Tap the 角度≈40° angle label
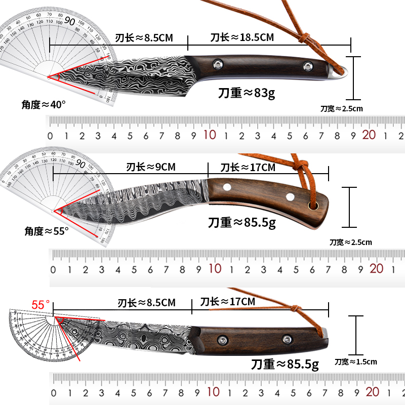44,104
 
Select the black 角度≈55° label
47,231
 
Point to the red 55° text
41,305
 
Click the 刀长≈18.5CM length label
242,37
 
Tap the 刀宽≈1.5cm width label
356,361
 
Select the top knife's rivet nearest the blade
218,64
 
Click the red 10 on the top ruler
210,135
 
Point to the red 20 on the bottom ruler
372,391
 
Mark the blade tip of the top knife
50,77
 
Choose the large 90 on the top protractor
70,21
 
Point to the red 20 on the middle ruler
377,268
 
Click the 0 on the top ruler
50,136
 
